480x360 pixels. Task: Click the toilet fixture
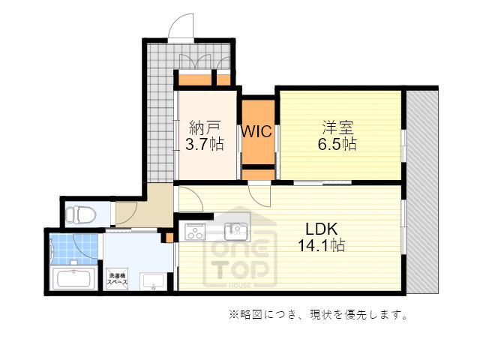(x=81, y=214)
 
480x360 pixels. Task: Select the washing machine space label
(x=117, y=279)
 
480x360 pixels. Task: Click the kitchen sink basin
(x=235, y=232)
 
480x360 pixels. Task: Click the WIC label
(x=256, y=131)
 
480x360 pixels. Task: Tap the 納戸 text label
(x=205, y=127)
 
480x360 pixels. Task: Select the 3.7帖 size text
(x=205, y=144)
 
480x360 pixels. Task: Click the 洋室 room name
(x=338, y=127)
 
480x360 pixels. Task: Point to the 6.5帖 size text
(x=337, y=144)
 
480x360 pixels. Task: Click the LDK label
(x=322, y=229)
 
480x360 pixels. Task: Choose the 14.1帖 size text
(x=322, y=245)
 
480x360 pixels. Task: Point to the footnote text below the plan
(x=318, y=314)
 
